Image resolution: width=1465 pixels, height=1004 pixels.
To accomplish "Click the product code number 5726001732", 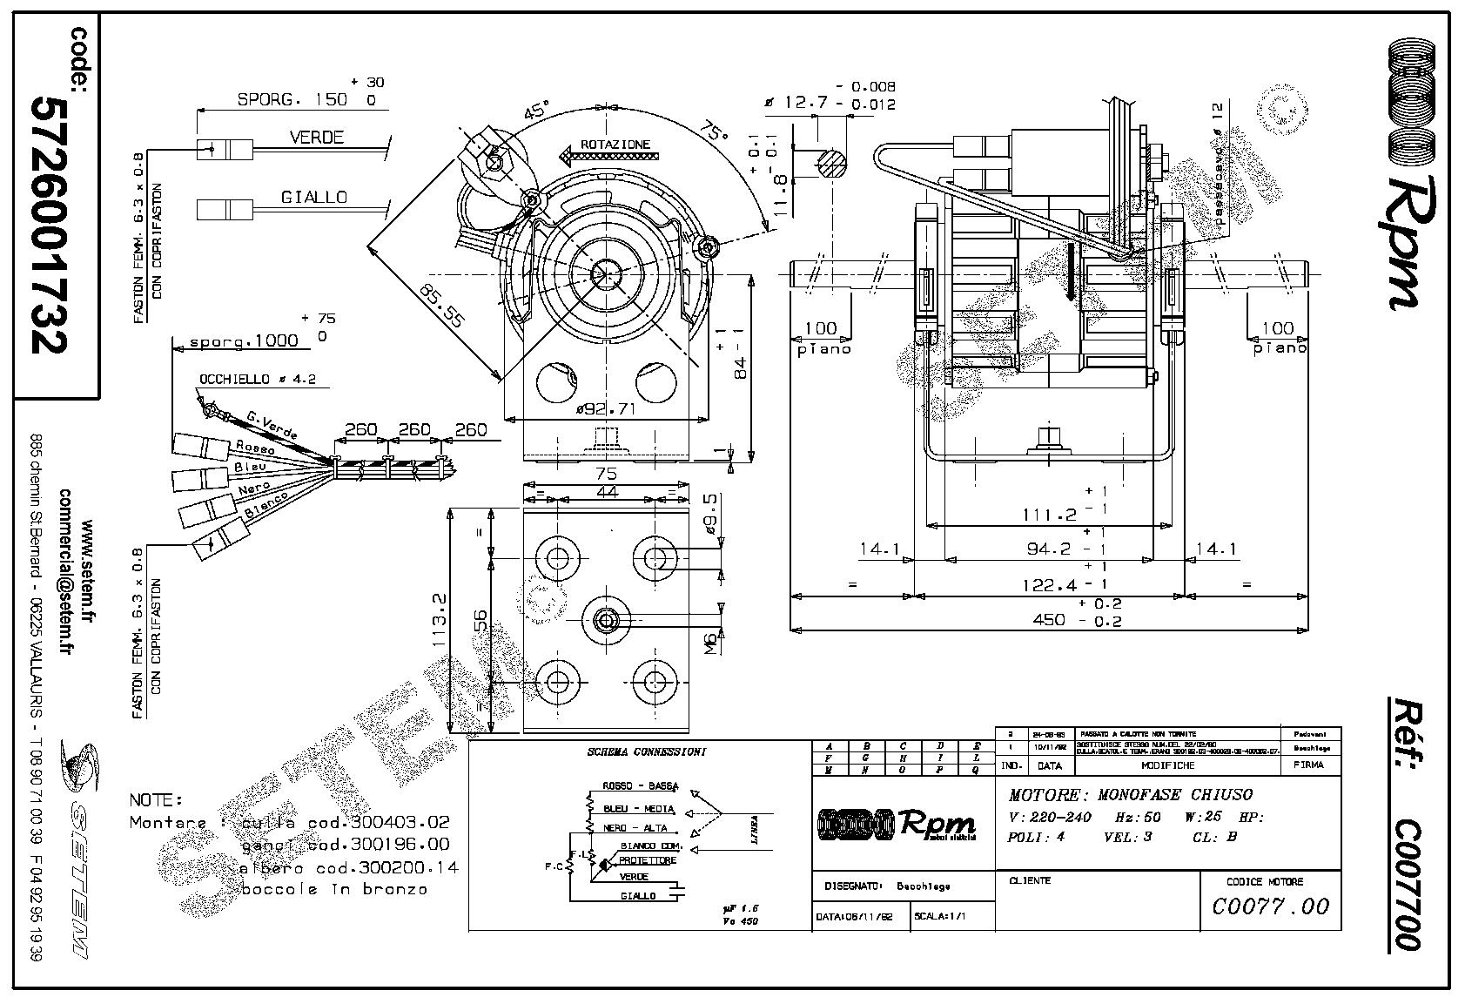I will coord(49,224).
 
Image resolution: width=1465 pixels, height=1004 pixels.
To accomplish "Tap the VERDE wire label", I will coord(317,138).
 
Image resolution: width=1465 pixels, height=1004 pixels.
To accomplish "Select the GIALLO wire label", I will coord(313,198).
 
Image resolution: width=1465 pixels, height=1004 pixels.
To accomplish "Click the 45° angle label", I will coord(536,113).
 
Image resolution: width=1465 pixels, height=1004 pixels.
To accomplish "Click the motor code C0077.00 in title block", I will coord(1270,906).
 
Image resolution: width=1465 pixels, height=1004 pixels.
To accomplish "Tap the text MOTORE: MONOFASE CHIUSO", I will coord(1130,795).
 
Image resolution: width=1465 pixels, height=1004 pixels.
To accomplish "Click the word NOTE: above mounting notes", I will coord(156,799).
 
